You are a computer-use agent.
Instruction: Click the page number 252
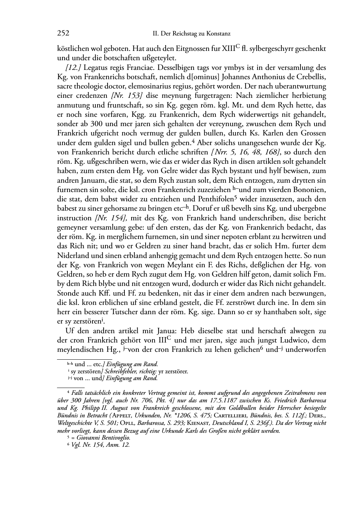tap(63, 34)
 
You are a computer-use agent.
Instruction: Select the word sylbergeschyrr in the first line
tap(271, 49)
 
